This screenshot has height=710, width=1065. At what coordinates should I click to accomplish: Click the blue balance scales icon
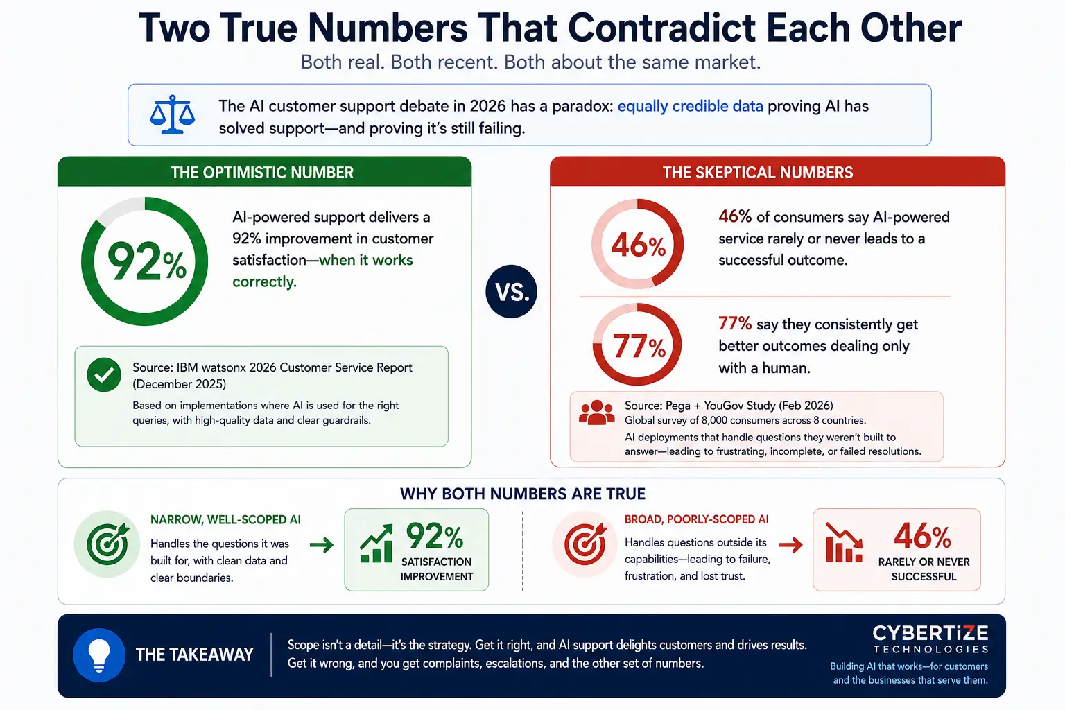pos(172,114)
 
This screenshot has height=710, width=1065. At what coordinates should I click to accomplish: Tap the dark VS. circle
pos(511,291)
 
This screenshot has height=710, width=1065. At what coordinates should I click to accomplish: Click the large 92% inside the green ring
pos(146,262)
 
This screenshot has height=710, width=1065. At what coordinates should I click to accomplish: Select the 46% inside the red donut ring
pos(638,246)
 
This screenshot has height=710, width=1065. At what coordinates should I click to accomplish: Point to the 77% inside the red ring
pos(639,346)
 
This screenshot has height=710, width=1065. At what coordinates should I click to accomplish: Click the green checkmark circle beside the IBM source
pos(104,374)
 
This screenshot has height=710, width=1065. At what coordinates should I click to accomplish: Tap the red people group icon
pos(597,413)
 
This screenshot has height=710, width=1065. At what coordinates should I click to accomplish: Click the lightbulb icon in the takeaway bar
pos(99,655)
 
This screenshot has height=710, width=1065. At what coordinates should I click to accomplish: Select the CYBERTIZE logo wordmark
pos(930,639)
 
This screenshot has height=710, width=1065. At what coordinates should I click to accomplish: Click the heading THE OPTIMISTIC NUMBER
pos(262,172)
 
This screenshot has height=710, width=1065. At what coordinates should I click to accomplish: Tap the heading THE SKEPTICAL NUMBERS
pos(758,172)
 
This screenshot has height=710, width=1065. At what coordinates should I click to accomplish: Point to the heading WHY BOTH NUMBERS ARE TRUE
pos(523,494)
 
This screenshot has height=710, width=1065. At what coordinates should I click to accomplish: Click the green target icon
pos(107,544)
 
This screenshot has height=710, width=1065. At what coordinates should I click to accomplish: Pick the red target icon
pos(585,544)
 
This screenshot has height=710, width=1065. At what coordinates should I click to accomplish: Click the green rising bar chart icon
pos(376,543)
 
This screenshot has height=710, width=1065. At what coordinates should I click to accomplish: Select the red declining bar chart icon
pos(844,543)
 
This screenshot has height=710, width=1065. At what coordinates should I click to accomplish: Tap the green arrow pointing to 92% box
pos(322,545)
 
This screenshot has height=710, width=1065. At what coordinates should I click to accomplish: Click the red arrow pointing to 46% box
pos(790,545)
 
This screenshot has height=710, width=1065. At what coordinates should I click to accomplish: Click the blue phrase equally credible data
pos(690,106)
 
